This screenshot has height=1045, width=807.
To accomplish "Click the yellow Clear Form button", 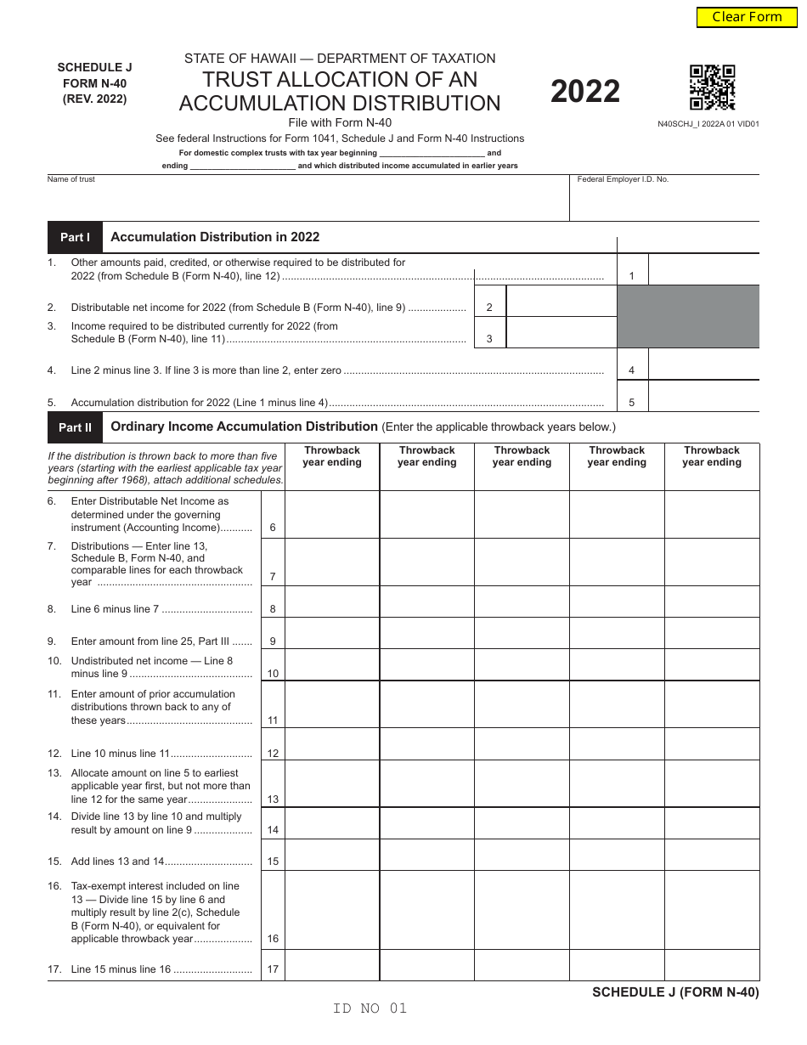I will [747, 17].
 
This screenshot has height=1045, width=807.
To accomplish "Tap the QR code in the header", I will [712, 88].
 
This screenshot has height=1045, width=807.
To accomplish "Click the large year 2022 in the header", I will [585, 91].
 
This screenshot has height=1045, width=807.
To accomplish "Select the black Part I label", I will [75, 237].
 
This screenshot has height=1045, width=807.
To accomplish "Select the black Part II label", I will [75, 427].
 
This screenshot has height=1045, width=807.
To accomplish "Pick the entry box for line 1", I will [703, 270].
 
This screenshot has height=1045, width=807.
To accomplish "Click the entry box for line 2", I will [561, 302].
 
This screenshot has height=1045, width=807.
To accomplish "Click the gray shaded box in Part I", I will [688, 316].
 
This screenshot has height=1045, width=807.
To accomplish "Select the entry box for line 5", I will [703, 397].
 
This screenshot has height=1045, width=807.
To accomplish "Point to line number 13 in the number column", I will [273, 799].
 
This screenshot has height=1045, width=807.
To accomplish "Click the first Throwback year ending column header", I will [332, 457].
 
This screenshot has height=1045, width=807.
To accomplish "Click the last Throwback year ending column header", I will [712, 457].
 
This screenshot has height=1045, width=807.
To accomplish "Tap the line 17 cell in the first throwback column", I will [332, 965].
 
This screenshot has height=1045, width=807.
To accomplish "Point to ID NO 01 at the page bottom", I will [370, 1008].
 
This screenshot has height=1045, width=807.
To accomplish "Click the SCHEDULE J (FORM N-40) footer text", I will [675, 991].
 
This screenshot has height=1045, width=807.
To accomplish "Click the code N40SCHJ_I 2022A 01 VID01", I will [708, 123].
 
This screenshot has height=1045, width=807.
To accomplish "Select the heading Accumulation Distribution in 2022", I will [215, 237].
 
